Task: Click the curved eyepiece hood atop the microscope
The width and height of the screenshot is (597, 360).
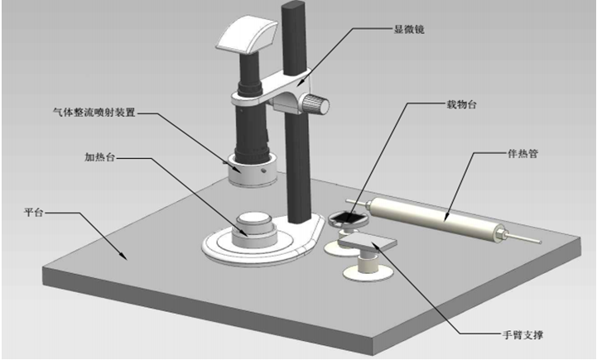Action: (x=248, y=34)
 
